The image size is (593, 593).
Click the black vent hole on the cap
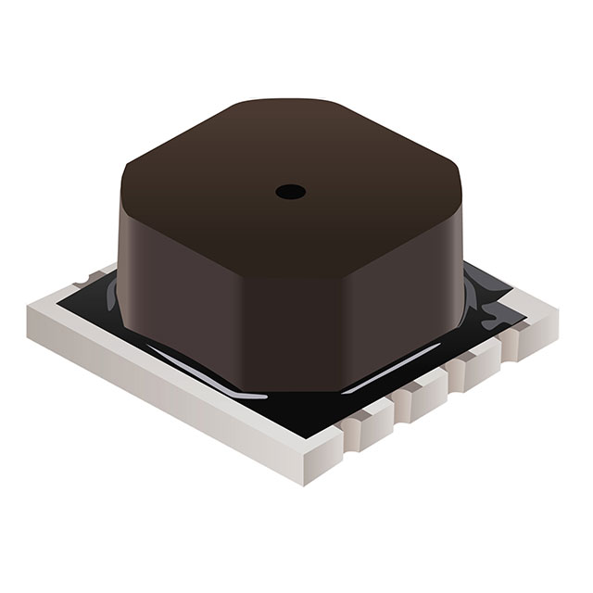click(x=290, y=192)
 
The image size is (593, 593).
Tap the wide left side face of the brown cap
click(x=176, y=278)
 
